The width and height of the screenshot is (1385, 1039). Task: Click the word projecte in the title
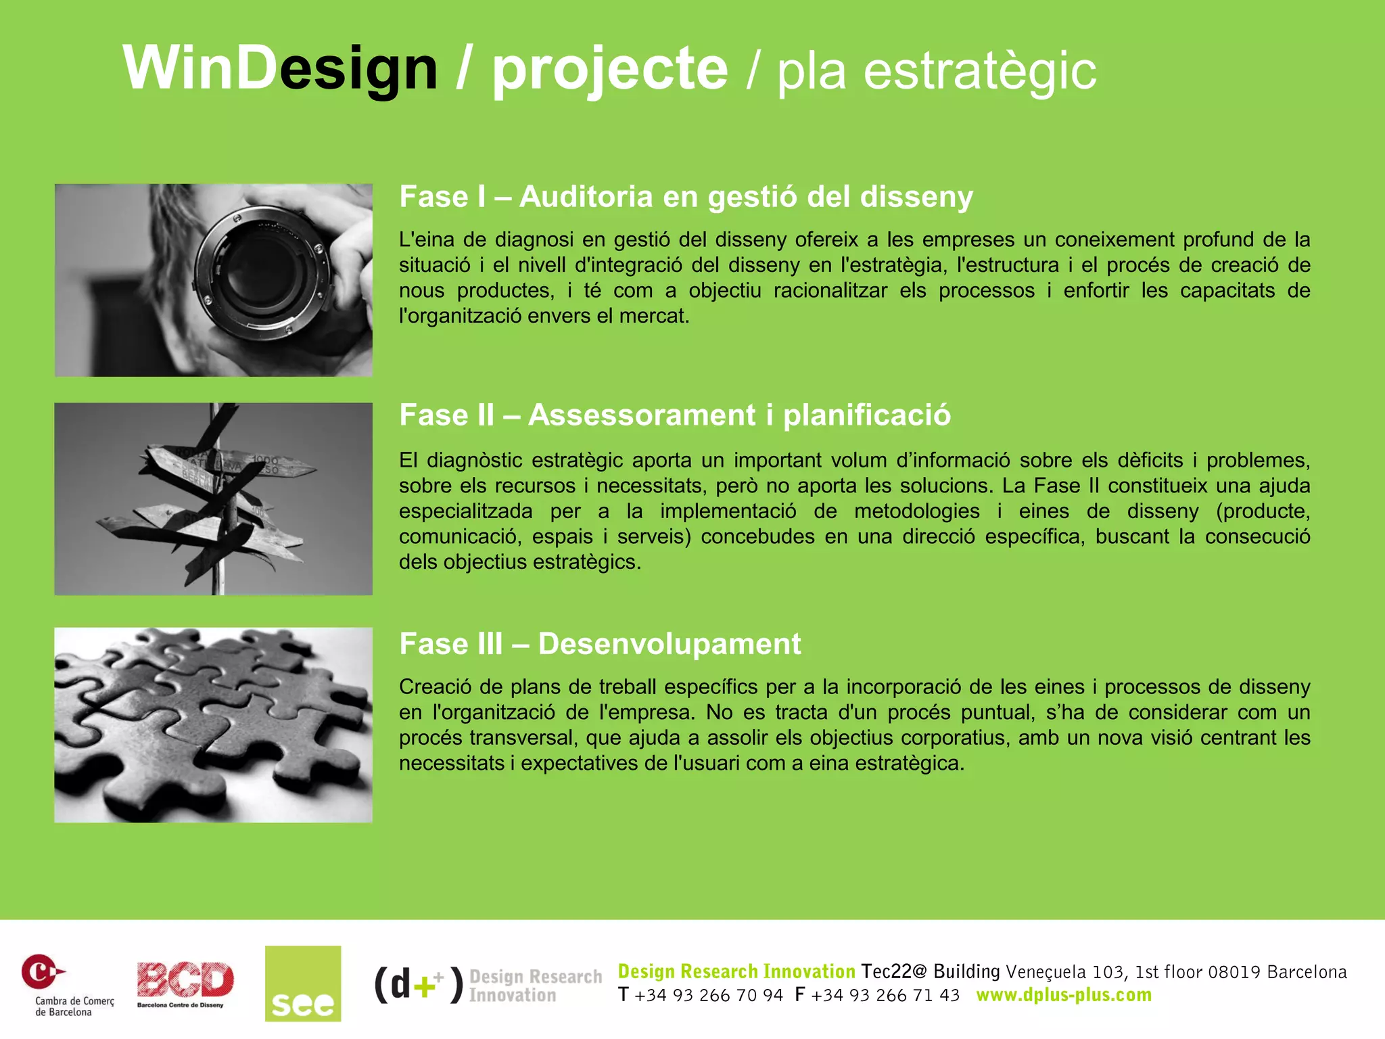pos(609,68)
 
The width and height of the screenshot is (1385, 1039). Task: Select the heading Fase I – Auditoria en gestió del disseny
pos(686,197)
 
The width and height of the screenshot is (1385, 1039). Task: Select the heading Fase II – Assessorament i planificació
pos(674,415)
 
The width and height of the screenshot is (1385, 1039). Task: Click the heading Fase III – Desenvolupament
pos(600,643)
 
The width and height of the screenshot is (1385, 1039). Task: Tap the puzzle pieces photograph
pos(213,724)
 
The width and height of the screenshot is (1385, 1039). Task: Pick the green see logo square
pos(303,983)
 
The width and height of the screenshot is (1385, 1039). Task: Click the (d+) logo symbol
pos(419,984)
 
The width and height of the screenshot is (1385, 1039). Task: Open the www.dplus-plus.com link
pos(1064,995)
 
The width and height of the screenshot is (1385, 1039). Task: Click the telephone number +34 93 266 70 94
pos(708,996)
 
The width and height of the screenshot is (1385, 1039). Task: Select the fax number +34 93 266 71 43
pos(885,996)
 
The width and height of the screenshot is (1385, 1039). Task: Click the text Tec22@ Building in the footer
pos(931,971)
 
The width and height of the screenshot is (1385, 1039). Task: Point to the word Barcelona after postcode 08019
pos(1307,972)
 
